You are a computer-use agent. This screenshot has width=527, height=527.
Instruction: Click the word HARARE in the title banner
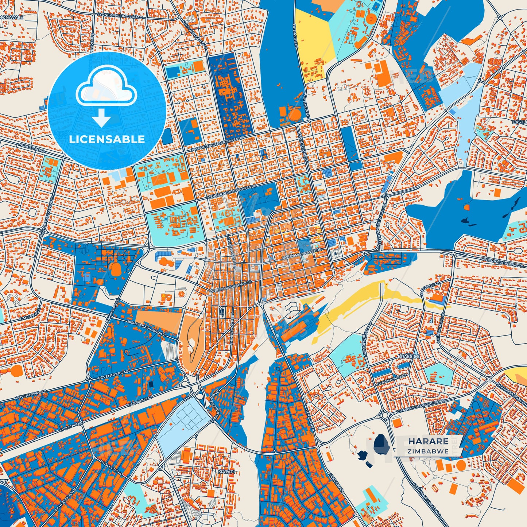(428, 441)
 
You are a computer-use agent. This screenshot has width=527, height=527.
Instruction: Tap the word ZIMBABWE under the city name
(428, 452)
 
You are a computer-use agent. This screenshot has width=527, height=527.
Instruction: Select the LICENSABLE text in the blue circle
(106, 139)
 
